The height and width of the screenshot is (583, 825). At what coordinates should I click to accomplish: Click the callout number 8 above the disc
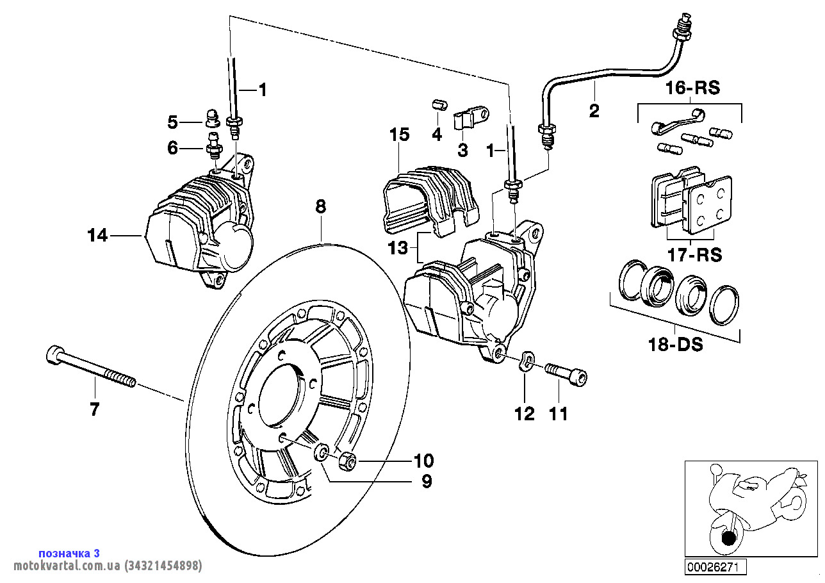pos(320,206)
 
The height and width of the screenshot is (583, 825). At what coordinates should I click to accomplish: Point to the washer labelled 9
pos(322,452)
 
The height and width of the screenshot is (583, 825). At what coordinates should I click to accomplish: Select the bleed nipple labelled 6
pos(213,147)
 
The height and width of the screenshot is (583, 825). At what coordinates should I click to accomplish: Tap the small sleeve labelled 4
pos(438,104)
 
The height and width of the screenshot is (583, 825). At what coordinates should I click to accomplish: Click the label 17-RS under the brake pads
pos(690,254)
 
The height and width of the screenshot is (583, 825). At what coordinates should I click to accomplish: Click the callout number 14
pos(97,236)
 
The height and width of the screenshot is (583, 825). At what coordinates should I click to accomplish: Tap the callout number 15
pos(398,135)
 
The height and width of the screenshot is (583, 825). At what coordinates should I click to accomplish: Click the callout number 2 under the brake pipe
pos(594,111)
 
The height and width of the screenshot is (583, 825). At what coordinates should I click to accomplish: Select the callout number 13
pos(398,248)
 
